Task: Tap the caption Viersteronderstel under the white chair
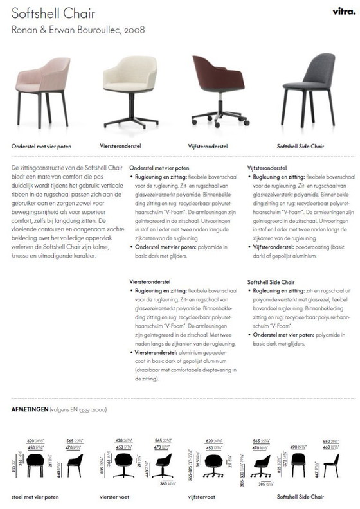click(120, 146)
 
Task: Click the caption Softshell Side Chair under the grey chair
click(300, 146)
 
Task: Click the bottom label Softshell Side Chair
click(300, 497)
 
